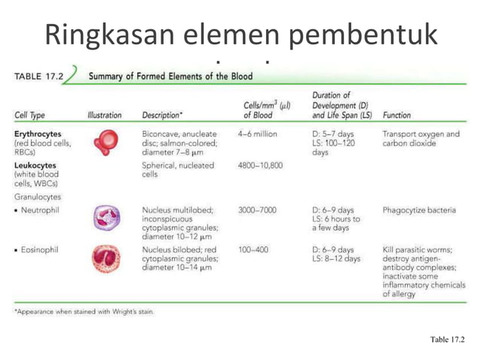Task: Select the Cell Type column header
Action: (29, 116)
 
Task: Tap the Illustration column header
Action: (104, 116)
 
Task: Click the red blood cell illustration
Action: (104, 142)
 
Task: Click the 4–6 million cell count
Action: (257, 134)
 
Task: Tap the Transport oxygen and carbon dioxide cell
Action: (421, 139)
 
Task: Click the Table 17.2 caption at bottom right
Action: (448, 340)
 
